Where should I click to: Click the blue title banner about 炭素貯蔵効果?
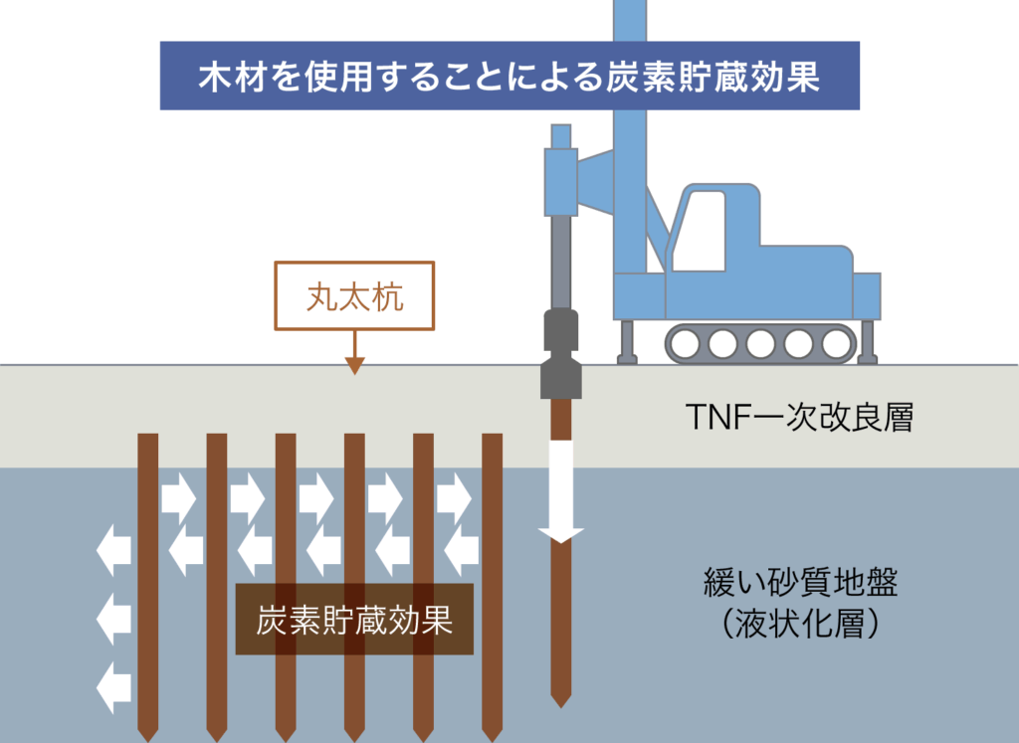[x=509, y=76]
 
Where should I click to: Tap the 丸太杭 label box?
[x=354, y=296]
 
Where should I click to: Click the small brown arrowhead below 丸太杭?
[x=354, y=365]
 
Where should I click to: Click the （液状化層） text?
[x=800, y=625]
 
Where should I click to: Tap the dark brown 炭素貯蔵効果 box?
[x=354, y=620]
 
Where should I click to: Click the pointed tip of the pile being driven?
[x=561, y=699]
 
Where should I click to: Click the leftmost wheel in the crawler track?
[x=686, y=344]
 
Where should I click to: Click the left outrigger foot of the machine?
[x=628, y=343]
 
